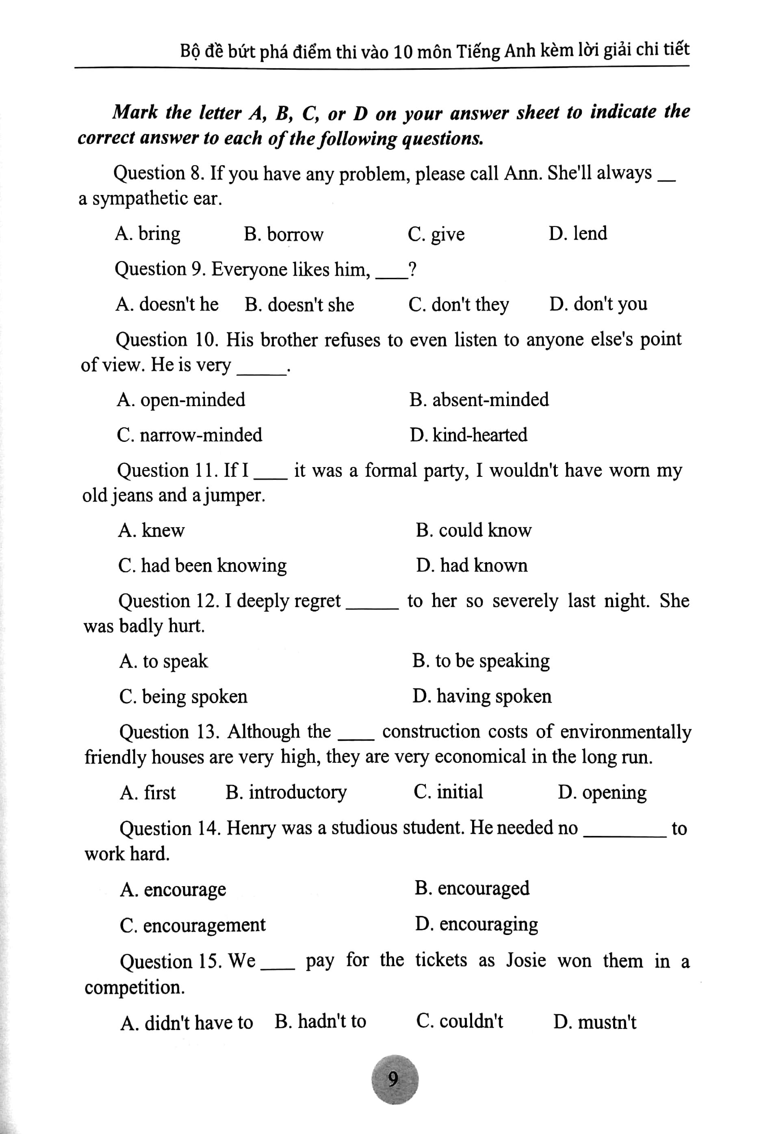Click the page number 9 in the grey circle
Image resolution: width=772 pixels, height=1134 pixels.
394,1079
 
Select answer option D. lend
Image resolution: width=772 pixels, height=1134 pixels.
578,233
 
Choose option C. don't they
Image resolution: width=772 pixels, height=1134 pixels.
458,305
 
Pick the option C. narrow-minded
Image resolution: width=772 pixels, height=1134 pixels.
189,435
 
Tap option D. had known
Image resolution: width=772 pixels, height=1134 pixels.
471,565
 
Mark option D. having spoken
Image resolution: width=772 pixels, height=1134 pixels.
481,696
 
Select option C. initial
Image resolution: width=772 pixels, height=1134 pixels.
448,792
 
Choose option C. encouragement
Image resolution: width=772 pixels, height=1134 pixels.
193,925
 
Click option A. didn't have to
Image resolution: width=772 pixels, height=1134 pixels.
187,1022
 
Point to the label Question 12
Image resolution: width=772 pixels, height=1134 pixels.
168,601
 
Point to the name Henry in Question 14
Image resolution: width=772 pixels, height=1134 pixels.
251,828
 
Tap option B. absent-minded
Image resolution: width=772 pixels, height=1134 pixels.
479,400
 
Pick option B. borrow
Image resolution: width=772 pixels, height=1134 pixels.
284,234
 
